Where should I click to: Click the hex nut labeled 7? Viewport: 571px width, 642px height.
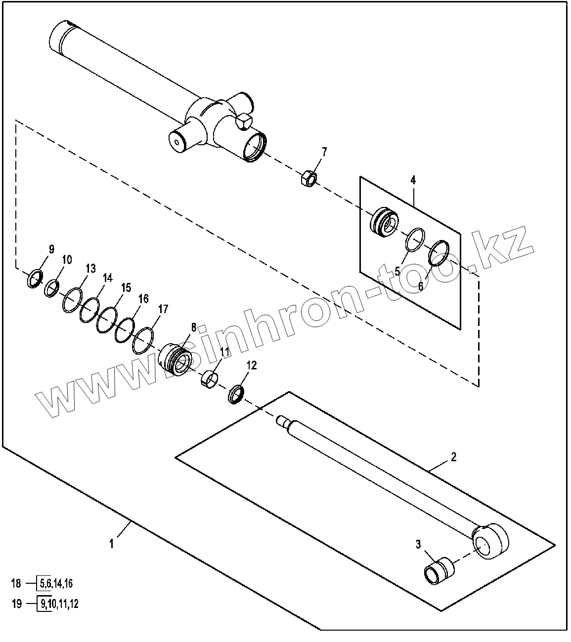point(309,178)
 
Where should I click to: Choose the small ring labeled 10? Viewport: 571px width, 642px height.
point(52,288)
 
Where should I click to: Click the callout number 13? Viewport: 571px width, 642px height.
point(90,269)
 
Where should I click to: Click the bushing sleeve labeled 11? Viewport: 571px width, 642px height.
point(210,378)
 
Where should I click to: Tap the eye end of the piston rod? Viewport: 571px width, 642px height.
point(490,541)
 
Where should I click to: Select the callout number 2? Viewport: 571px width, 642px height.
point(453,456)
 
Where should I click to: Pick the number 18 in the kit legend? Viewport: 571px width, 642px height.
point(16,584)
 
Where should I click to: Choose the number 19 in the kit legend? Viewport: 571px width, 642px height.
point(16,603)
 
